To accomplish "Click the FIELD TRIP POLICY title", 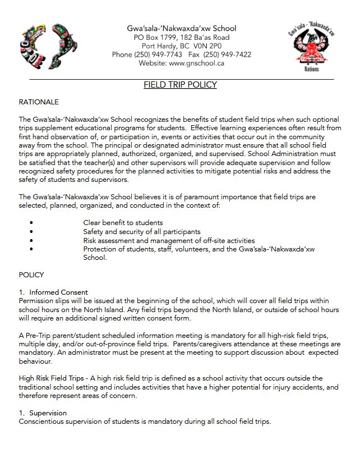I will [180, 85].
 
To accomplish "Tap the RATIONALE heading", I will [39, 102].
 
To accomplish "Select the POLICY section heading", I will [31, 275].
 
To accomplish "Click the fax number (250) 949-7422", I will [227, 54].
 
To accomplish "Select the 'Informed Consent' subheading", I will [58, 292].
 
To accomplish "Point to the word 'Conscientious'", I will [43, 422].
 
